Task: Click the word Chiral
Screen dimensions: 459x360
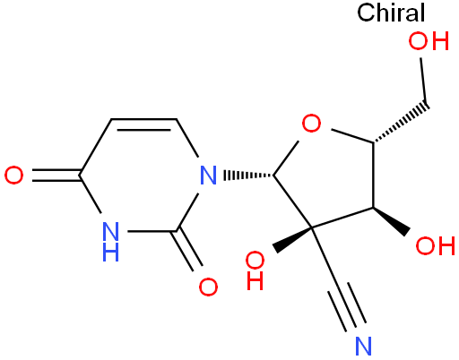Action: (391, 13)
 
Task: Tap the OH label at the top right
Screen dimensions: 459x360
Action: (429, 41)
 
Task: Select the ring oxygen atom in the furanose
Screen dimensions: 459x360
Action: (311, 123)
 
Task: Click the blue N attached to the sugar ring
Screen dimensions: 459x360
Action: (208, 176)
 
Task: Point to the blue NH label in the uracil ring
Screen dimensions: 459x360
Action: (110, 242)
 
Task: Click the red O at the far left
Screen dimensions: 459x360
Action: (13, 176)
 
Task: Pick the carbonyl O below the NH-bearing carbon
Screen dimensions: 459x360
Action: (208, 287)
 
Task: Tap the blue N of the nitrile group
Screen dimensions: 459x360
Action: (363, 346)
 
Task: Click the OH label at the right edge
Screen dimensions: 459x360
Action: (436, 245)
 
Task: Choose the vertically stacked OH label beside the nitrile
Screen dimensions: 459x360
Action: (255, 270)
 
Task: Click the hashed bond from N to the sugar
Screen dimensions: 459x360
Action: (249, 176)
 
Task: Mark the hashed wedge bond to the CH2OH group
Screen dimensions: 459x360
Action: (401, 124)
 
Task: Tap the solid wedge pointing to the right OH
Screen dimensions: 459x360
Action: (392, 221)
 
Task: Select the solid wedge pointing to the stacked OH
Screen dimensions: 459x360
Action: (292, 240)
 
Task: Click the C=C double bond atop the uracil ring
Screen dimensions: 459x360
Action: (143, 124)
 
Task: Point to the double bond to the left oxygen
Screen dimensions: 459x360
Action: (56, 176)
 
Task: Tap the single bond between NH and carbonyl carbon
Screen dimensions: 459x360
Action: (152, 231)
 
